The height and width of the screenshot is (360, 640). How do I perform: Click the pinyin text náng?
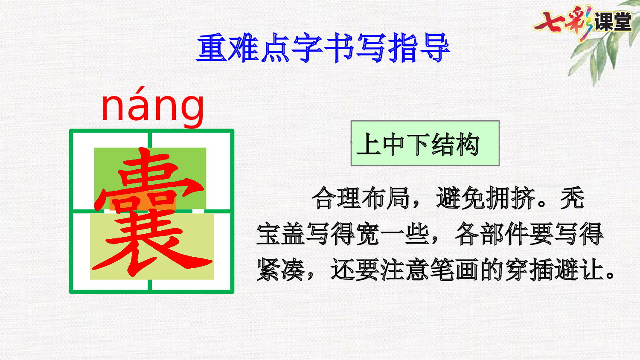pyautogui.click(x=152, y=107)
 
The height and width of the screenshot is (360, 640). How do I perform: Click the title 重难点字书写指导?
pyautogui.click(x=323, y=48)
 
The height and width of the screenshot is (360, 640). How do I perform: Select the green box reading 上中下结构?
pyautogui.click(x=425, y=143)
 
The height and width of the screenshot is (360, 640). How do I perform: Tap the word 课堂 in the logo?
pyautogui.click(x=613, y=22)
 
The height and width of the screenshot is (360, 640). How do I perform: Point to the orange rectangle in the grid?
pyautogui.click(x=143, y=203)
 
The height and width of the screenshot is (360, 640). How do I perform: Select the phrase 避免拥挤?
pyautogui.click(x=486, y=198)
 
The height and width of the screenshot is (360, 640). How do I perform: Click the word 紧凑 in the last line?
pyautogui.click(x=280, y=270)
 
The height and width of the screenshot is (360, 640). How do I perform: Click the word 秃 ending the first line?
pyautogui.click(x=572, y=198)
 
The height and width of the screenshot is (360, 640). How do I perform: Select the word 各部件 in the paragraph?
pyautogui.click(x=492, y=234)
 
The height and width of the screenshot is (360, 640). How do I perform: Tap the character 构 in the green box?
pyautogui.click(x=468, y=144)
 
